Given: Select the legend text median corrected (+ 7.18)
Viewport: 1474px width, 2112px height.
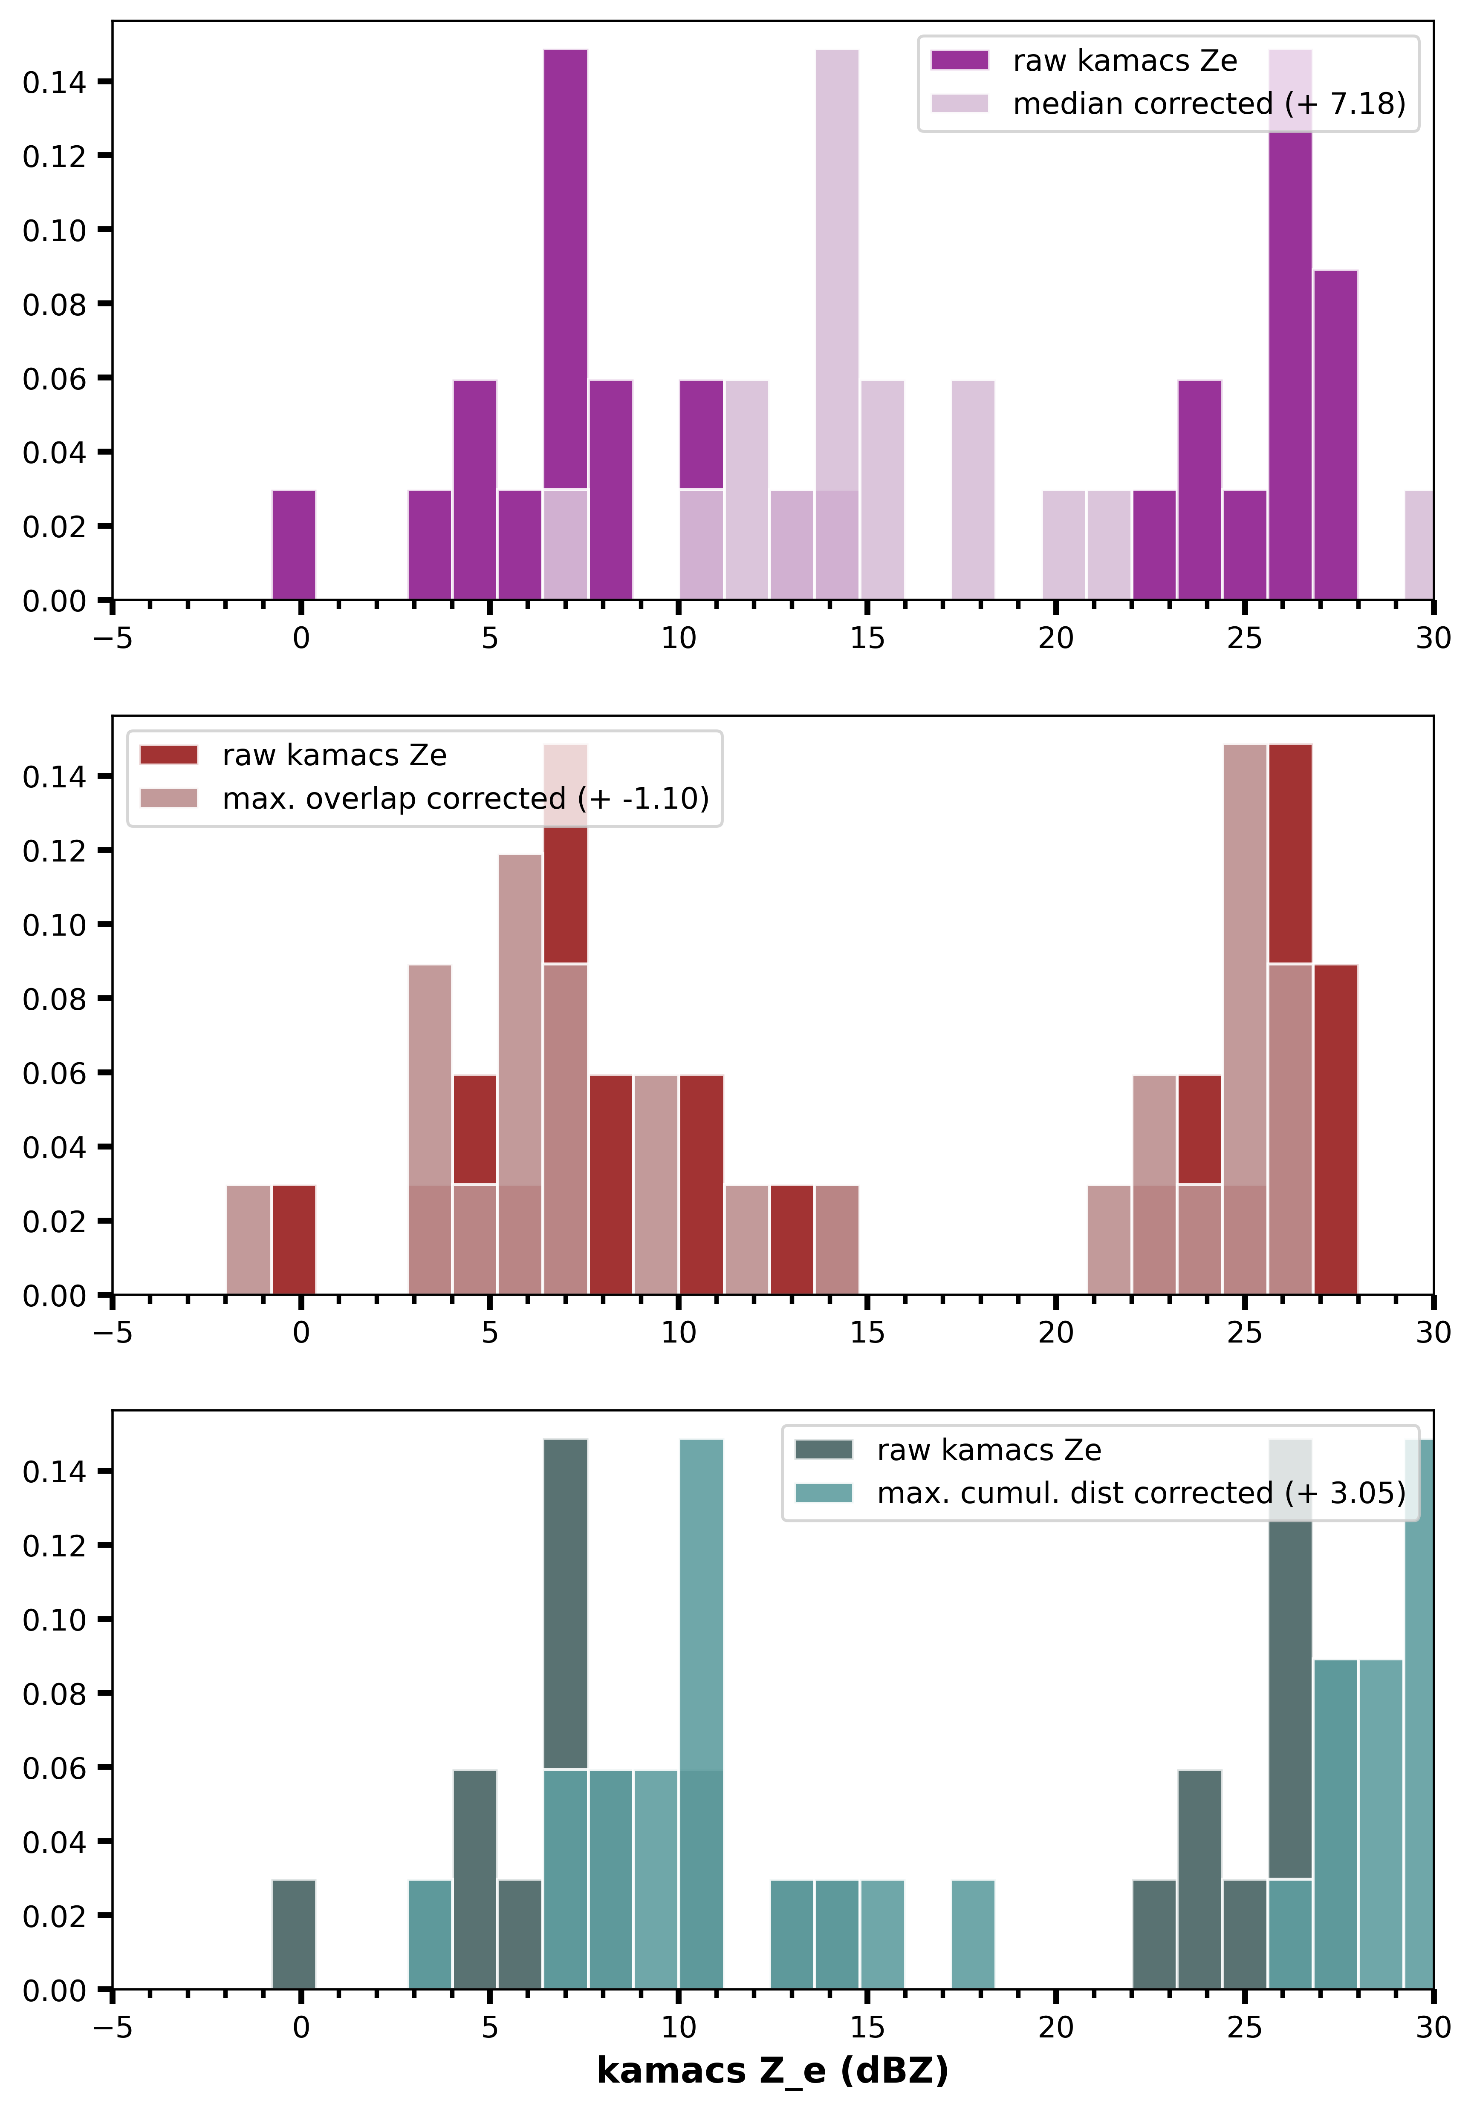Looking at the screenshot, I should pyautogui.click(x=1209, y=104).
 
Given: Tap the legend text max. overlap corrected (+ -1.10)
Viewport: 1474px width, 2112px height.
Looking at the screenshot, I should pyautogui.click(x=465, y=798).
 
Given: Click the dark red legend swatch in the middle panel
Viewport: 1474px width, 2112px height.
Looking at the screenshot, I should pyautogui.click(x=168, y=755).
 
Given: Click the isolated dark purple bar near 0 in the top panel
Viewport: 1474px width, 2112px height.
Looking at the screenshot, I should pyautogui.click(x=294, y=545).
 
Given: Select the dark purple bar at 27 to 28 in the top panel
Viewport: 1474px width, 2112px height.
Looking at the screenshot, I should pyautogui.click(x=1335, y=435).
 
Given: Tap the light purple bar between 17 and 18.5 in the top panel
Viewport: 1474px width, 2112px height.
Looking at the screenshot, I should pyautogui.click(x=973, y=490).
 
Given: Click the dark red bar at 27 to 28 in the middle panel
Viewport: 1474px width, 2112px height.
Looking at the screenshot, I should pyautogui.click(x=1335, y=1129).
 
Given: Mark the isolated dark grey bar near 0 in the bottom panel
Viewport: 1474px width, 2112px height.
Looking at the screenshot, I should pyautogui.click(x=294, y=1933).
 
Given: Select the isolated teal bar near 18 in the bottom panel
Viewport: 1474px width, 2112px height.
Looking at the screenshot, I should pyautogui.click(x=973, y=1933).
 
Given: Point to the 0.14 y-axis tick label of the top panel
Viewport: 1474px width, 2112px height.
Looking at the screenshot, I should pyautogui.click(x=53, y=83).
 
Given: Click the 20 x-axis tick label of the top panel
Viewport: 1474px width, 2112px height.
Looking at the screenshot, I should pyautogui.click(x=1055, y=638).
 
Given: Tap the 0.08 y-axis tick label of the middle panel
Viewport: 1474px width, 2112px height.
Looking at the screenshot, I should pyautogui.click(x=53, y=999).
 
